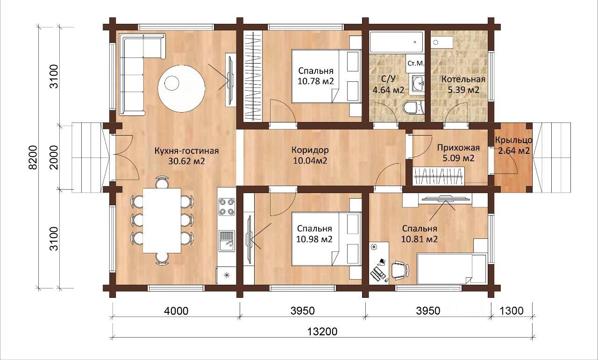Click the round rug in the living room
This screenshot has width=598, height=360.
182,89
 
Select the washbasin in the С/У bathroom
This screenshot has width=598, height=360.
418,83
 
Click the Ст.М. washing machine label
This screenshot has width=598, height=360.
416,64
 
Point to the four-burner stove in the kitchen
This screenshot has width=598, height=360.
227,207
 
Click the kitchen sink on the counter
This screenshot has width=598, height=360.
227,241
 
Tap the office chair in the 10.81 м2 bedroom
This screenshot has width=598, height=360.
399,270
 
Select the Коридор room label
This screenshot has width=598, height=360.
310,150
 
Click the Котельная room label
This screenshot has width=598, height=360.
463,79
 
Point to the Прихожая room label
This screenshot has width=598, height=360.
458,148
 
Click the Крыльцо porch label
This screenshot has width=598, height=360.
513,140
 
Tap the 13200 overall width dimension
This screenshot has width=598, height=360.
322,331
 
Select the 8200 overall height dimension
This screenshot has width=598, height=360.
33,158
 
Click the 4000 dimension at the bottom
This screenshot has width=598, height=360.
176,311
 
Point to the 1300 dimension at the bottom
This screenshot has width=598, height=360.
511,311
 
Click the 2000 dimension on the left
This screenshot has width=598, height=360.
54,158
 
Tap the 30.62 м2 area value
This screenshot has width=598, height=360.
186,161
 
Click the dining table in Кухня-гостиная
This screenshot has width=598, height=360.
162,221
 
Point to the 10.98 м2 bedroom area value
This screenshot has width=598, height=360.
314,239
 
